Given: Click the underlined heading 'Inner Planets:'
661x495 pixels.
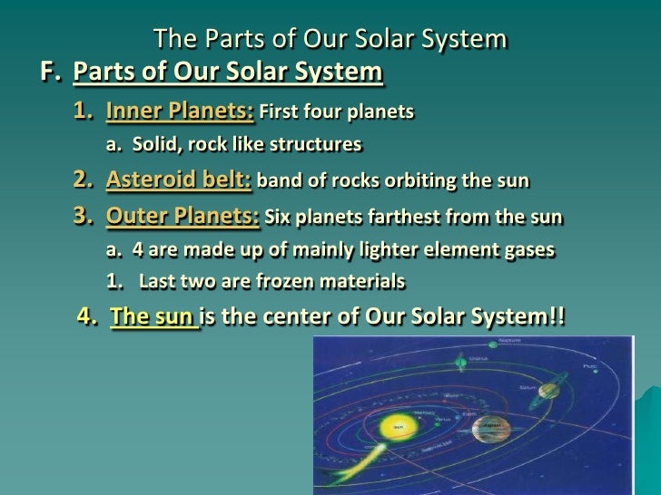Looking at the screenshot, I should (180, 112).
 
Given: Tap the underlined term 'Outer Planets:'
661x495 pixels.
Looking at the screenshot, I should (183, 218).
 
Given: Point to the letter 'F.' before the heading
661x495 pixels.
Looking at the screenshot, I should (52, 73).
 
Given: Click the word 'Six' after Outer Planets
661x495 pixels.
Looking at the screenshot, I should (277, 219).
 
